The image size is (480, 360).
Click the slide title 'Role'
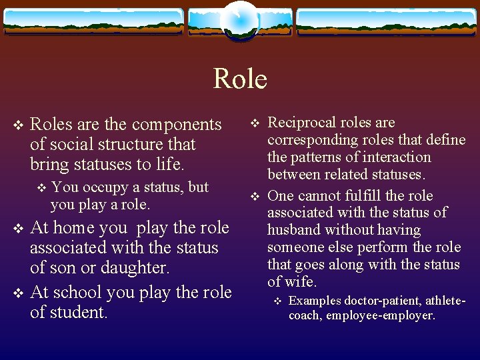click(x=240, y=79)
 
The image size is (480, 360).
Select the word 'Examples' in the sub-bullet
click(x=315, y=301)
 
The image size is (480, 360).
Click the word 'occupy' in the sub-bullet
click(x=101, y=187)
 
